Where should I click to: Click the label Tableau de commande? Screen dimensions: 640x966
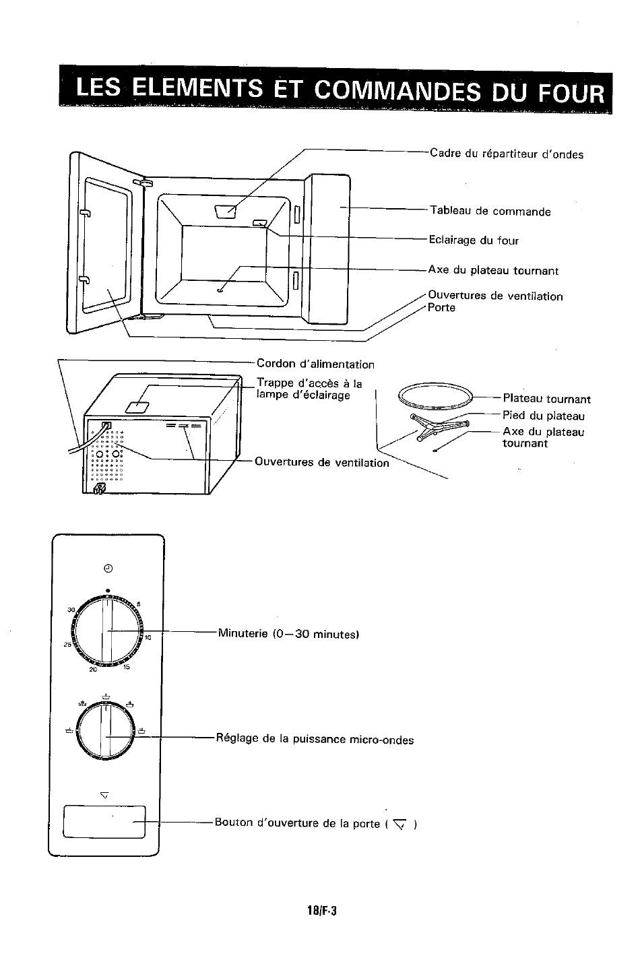(490, 211)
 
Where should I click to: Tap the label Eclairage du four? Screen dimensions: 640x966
(474, 240)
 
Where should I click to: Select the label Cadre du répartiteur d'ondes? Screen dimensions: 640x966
(507, 154)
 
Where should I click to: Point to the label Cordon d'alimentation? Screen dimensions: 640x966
(315, 364)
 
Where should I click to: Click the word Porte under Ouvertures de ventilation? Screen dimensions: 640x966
(441, 307)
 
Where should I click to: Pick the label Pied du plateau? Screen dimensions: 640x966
(544, 415)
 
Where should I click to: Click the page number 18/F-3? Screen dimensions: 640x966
(322, 910)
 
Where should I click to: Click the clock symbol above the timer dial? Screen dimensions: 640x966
(108, 569)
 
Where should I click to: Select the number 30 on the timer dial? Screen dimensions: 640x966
(71, 610)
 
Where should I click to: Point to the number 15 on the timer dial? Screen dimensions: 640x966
(126, 667)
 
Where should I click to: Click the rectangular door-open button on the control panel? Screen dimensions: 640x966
(104, 822)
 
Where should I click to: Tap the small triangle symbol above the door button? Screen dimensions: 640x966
(104, 795)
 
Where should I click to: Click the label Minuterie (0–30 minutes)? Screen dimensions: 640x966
(288, 633)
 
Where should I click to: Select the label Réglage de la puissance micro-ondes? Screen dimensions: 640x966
(315, 739)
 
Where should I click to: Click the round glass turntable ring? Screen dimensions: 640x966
(435, 387)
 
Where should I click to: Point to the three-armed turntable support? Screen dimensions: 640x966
(439, 426)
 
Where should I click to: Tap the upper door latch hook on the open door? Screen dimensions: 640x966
(86, 213)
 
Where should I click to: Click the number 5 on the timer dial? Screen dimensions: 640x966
(138, 604)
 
